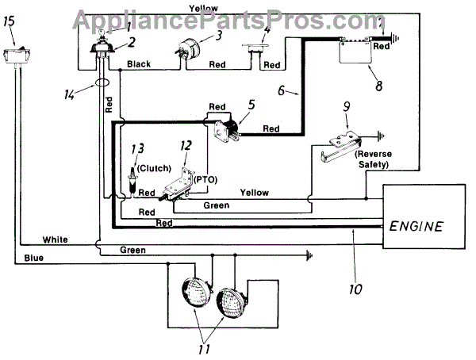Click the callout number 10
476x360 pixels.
pos(356,289)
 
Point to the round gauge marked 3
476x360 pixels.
pos(183,51)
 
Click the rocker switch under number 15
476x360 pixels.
pos(15,56)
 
